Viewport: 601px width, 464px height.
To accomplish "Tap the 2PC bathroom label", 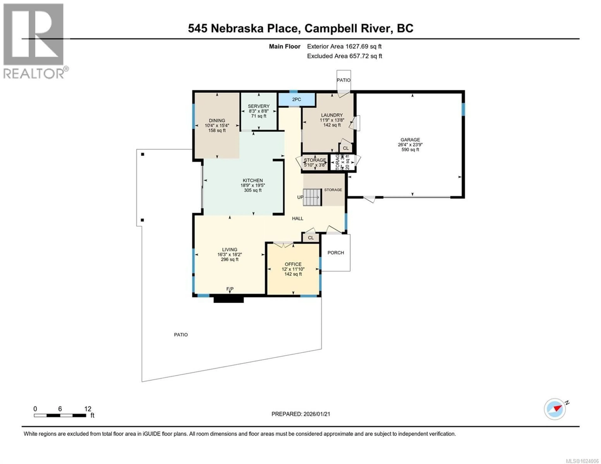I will coord(296,99).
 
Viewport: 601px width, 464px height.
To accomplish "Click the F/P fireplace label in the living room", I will coord(230,289).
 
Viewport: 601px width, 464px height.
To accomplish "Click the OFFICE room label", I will coord(293,264).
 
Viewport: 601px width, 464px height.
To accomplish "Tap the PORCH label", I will coord(335,253).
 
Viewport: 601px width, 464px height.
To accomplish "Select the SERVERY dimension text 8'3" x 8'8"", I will coord(259,111).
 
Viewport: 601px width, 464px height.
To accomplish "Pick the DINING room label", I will coord(217,120).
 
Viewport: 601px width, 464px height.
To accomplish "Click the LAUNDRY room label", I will coord(332,115).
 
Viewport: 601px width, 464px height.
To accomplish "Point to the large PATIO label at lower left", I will coord(181,335).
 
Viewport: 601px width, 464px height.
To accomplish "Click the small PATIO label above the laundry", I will coord(343,80).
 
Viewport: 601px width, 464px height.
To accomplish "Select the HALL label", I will coord(298,218).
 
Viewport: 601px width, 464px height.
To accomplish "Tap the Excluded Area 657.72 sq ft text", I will coord(344,56).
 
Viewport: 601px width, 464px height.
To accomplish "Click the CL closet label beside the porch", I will coord(311,238).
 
